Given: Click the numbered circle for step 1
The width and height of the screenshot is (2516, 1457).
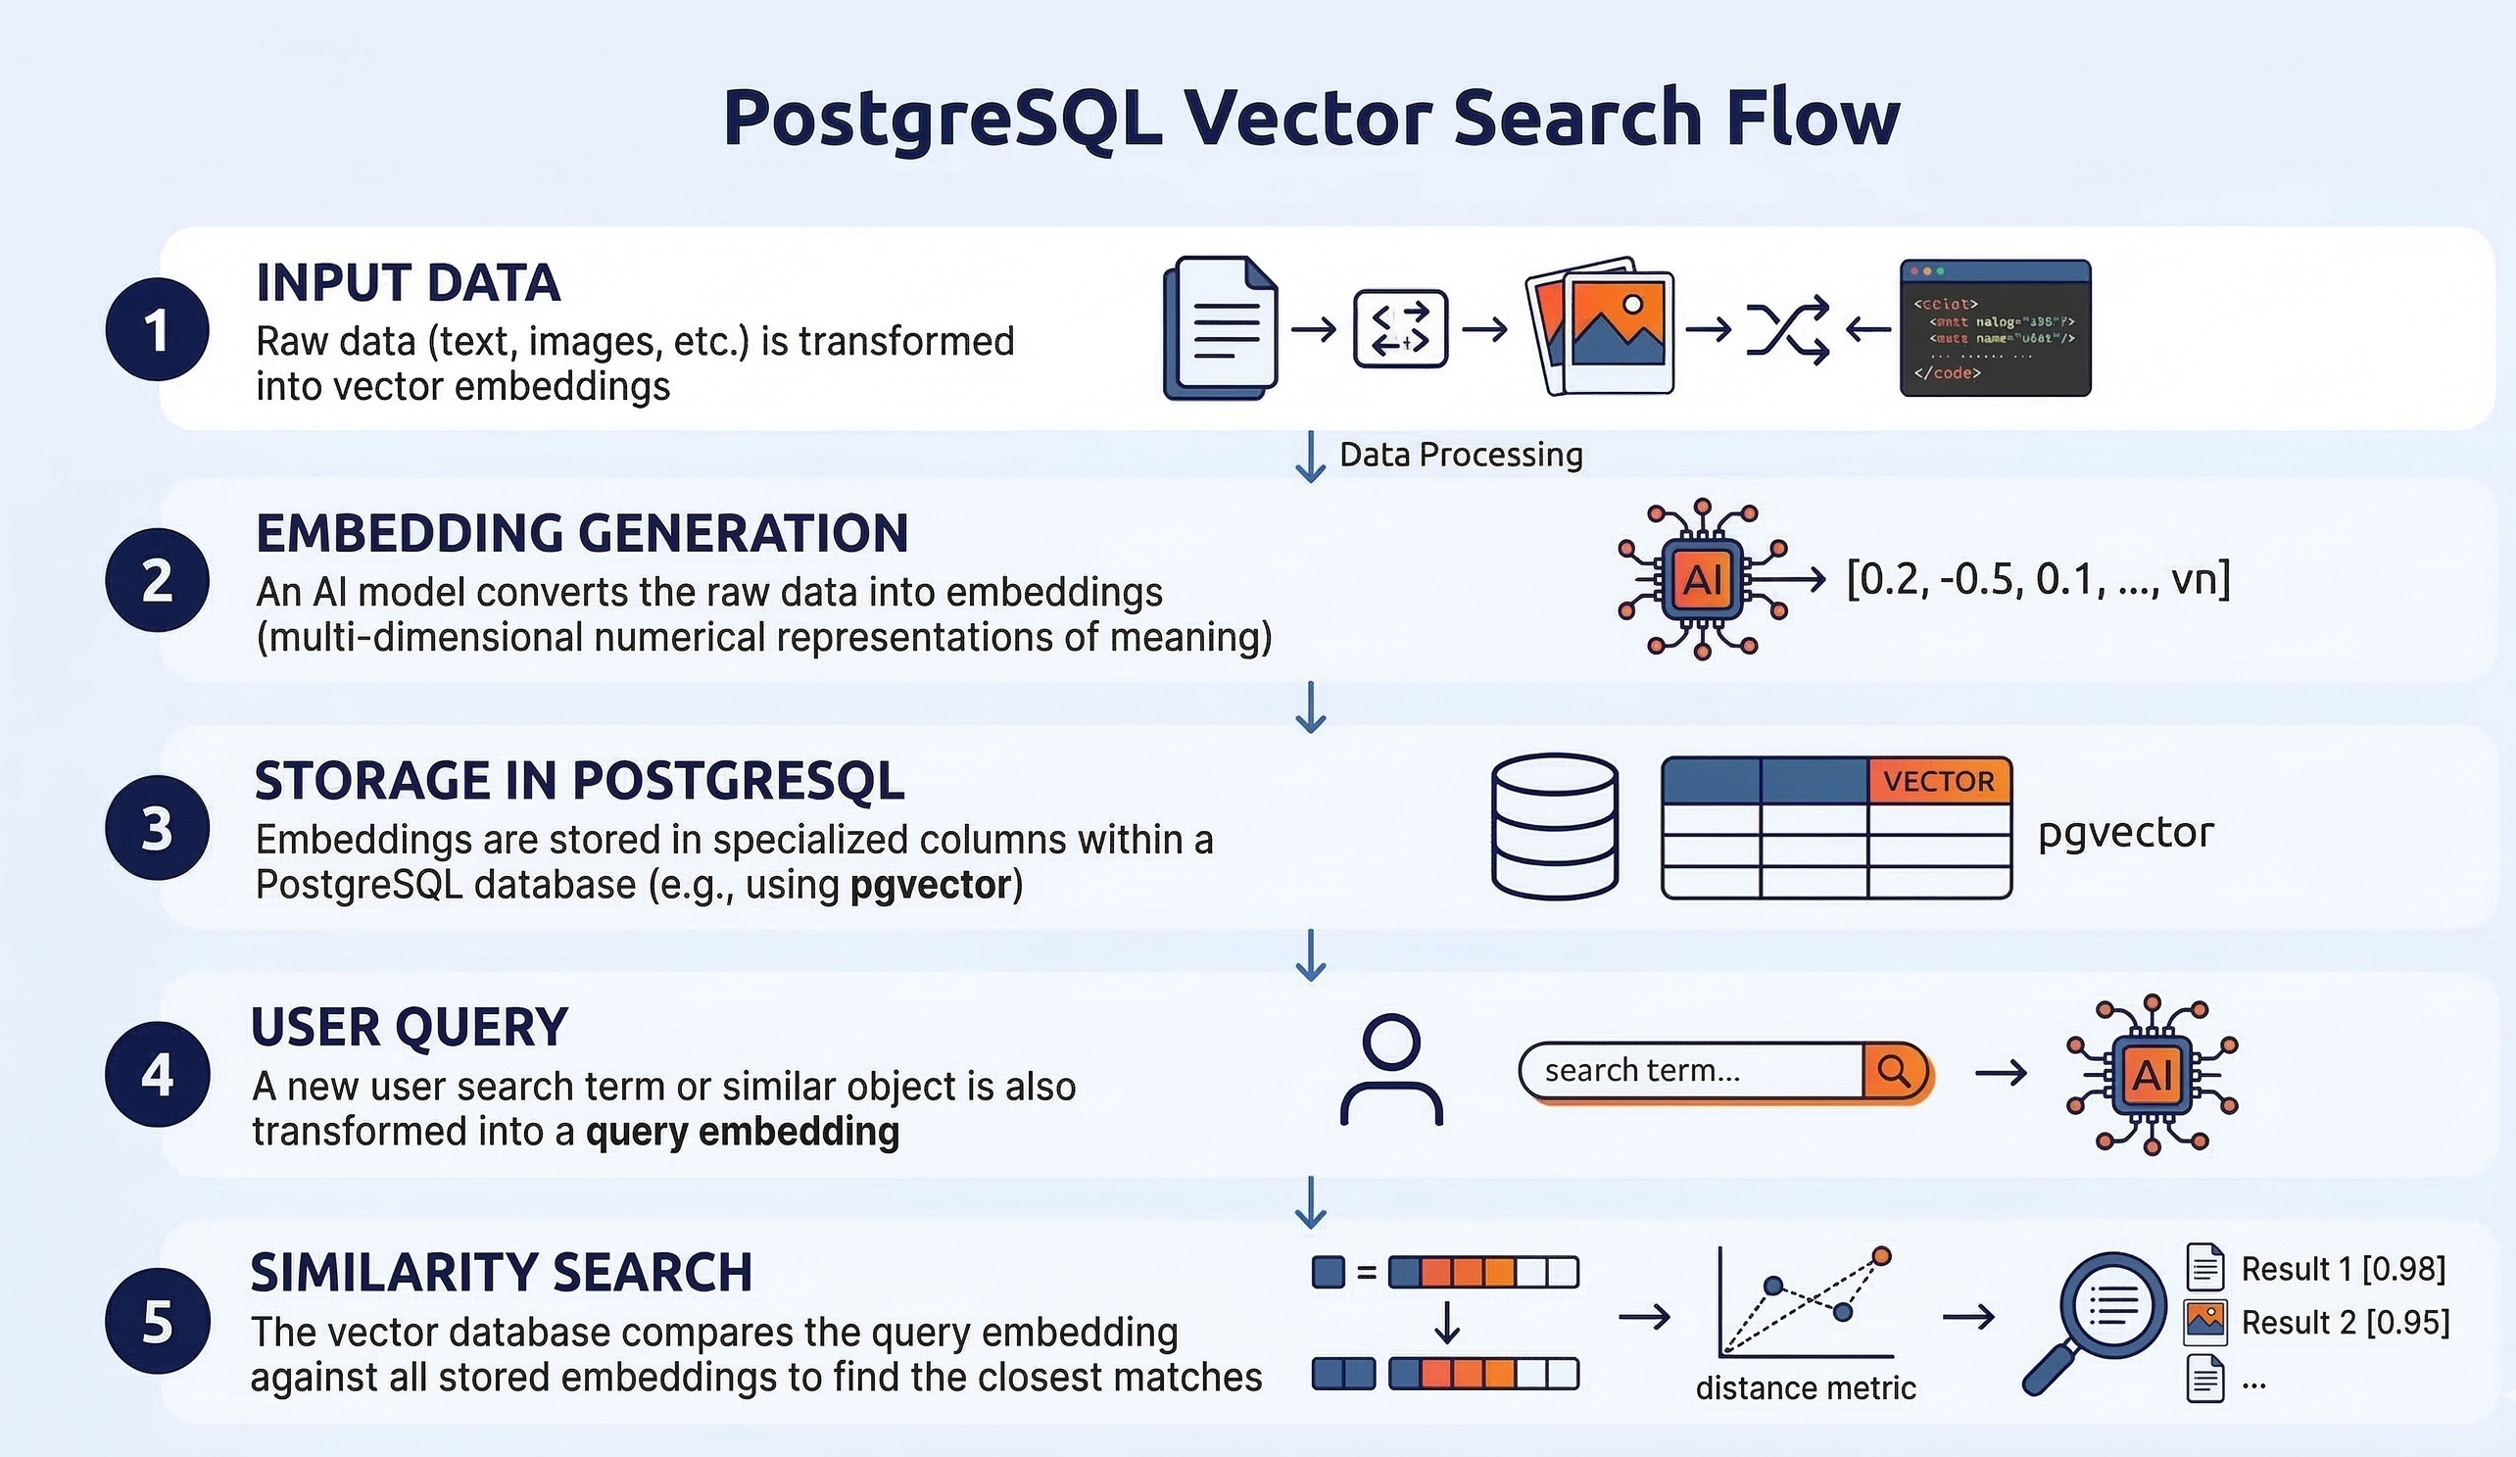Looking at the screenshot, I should coord(157,328).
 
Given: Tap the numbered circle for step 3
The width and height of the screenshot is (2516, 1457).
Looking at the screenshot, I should coord(157,827).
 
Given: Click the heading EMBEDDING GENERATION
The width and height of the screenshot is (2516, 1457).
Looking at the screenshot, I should coord(582,532).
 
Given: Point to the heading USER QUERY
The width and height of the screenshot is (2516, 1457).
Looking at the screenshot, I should coord(410,1027).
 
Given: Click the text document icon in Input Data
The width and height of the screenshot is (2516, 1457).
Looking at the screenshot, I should coord(1220,327).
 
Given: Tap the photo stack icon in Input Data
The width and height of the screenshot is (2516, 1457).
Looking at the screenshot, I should coord(1601,325).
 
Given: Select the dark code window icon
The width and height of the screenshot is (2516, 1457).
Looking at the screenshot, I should coord(1994,327).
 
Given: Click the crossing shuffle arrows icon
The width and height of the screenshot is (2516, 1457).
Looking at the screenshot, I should coord(1787,328).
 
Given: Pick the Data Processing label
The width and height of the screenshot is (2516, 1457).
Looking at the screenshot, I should coord(1460,455).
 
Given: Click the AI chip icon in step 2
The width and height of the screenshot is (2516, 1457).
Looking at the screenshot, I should coord(1702,578).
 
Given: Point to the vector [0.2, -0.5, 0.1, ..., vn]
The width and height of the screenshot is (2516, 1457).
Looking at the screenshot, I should coord(2037,578).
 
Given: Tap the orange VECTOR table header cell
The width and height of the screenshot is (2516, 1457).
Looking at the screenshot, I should coord(1938,780).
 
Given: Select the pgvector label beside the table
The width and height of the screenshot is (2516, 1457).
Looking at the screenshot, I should coord(2125,831).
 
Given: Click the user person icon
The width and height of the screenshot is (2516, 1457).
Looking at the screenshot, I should coord(1391,1071).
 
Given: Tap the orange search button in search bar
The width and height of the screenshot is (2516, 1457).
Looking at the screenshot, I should coord(1894,1071).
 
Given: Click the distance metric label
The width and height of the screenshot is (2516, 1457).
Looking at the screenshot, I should coord(1805,1387).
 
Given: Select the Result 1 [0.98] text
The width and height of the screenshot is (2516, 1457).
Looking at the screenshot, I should coord(2343,1268).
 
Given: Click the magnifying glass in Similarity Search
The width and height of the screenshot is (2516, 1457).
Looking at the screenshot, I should coord(2102,1313).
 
